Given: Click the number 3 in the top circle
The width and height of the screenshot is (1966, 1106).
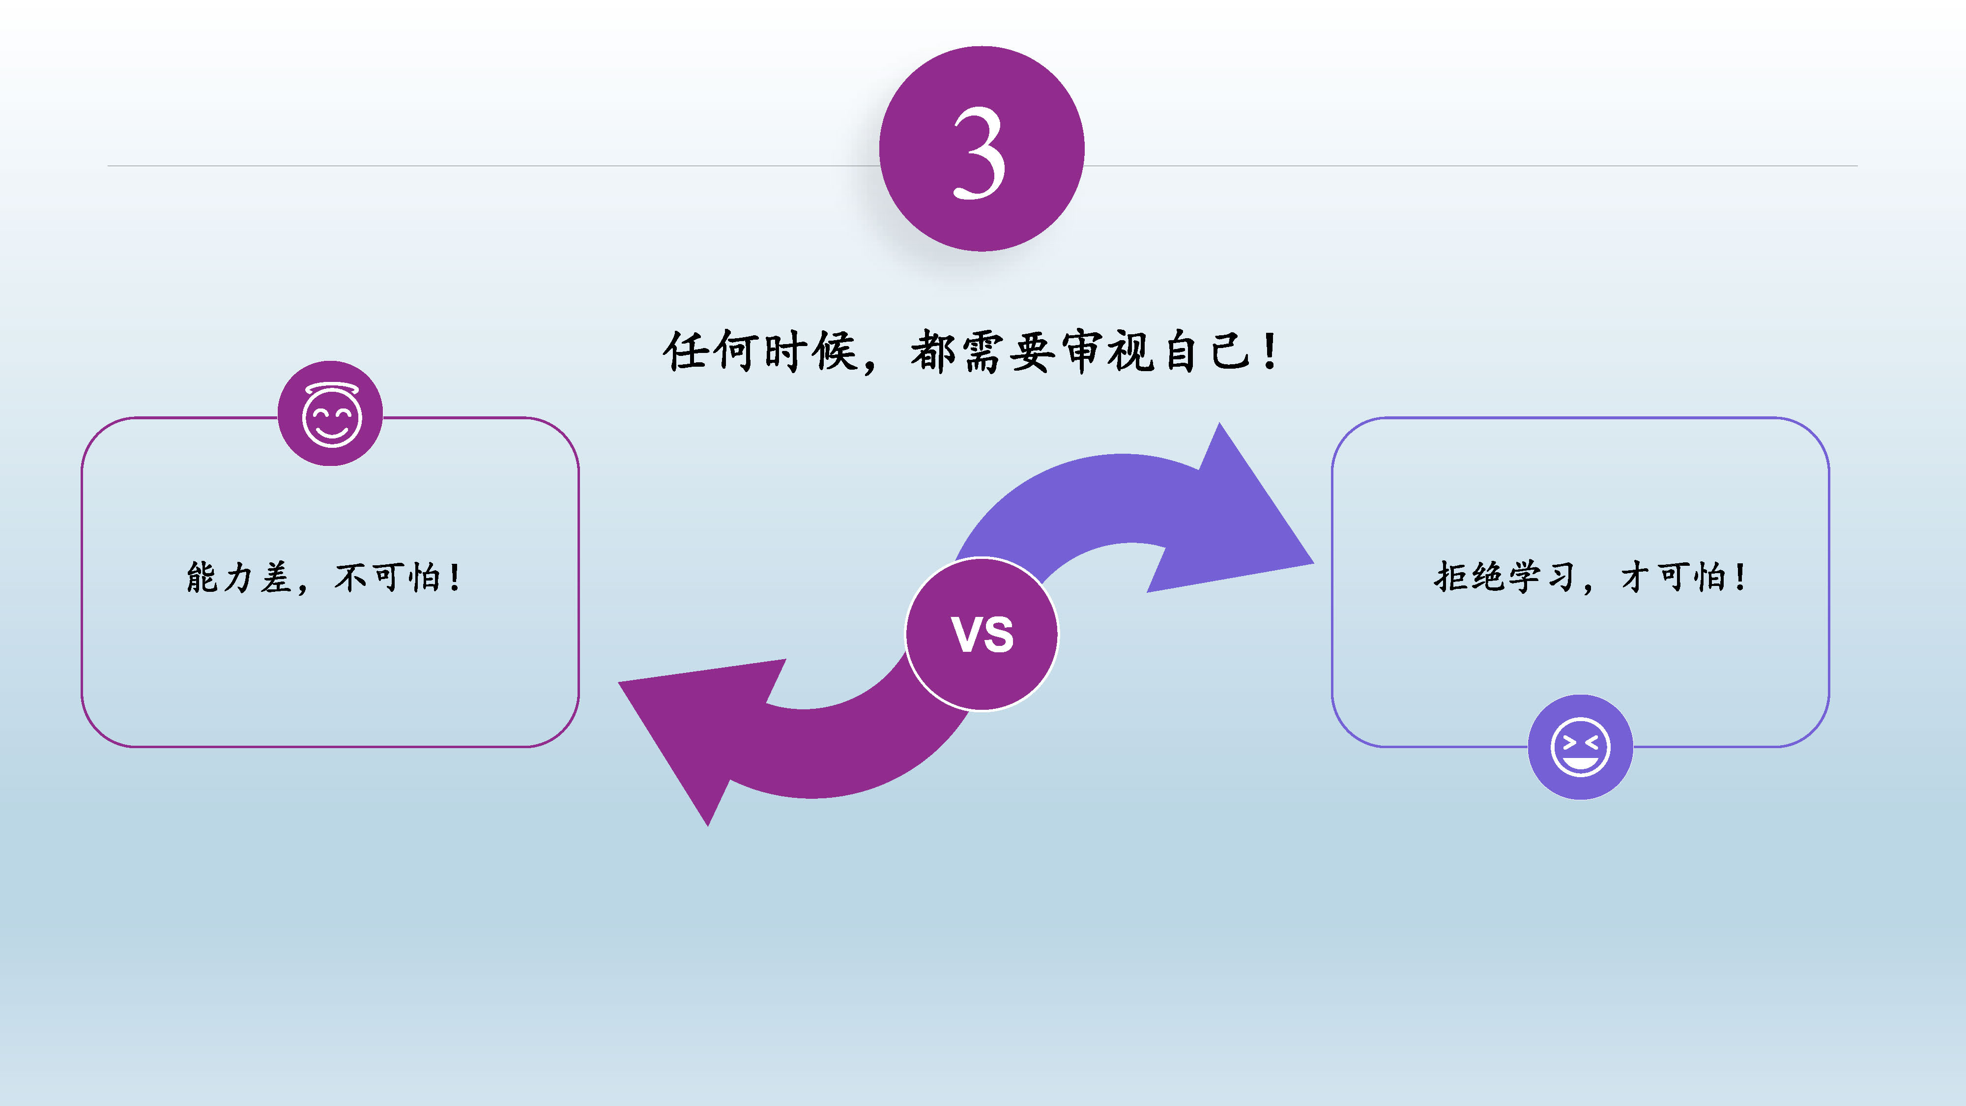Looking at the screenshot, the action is tap(980, 153).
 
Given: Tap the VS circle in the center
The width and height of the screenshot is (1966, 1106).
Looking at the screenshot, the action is tap(982, 634).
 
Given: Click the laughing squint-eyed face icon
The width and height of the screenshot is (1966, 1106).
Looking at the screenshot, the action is tap(1580, 747).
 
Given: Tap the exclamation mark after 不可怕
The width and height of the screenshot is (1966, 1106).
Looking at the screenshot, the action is tap(455, 577).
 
